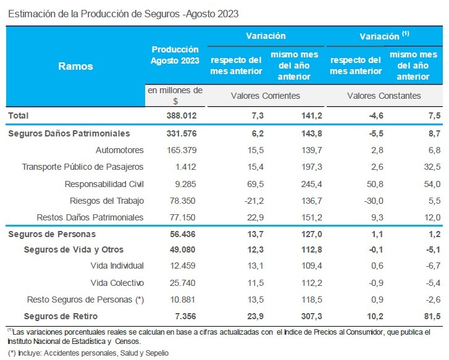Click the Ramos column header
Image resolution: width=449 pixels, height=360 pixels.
click(x=75, y=66)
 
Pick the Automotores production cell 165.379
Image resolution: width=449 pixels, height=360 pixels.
click(x=183, y=150)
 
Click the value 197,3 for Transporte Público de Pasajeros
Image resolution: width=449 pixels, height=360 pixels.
click(x=293, y=167)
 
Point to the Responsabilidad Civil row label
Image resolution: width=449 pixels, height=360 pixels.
click(x=104, y=183)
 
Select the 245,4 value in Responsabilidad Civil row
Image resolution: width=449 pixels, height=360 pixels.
click(x=293, y=183)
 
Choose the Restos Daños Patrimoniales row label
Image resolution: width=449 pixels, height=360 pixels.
click(x=90, y=217)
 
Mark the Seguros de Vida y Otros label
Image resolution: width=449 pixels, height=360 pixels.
click(x=73, y=249)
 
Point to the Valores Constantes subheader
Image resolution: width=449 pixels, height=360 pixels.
click(x=384, y=96)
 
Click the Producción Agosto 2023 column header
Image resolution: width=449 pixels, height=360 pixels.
click(x=175, y=54)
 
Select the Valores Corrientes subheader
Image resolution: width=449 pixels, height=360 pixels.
click(x=265, y=96)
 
